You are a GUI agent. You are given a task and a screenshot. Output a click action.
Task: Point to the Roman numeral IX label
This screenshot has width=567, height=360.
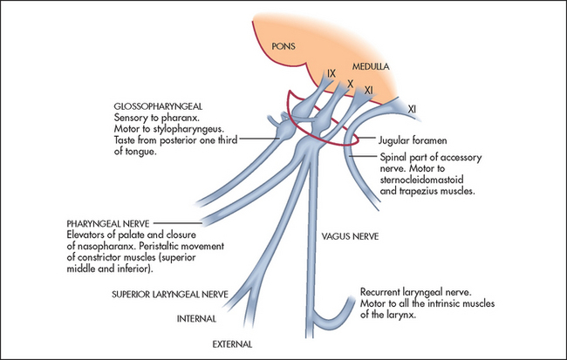click(331, 73)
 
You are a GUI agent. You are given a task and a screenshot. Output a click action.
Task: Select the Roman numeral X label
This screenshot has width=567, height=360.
click(350, 83)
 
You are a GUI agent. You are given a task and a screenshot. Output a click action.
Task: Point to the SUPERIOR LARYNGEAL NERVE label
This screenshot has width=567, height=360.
click(169, 295)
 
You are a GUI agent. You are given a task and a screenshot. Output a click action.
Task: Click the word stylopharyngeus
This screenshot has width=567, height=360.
click(192, 128)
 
